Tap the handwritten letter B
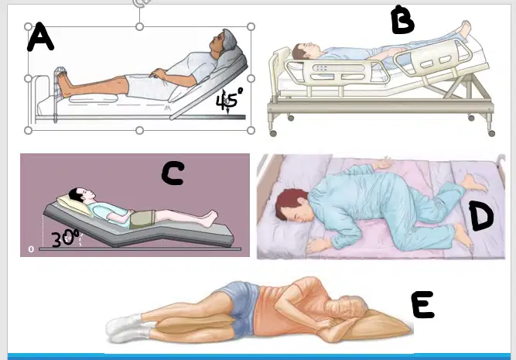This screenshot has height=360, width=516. click(x=402, y=20)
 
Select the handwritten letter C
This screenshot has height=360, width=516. click(x=173, y=173)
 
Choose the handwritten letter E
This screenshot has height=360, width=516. click(x=422, y=304)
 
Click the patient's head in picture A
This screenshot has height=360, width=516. click(x=223, y=41)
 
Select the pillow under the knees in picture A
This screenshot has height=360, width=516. click(x=94, y=98)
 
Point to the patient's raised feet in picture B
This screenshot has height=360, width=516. click(x=465, y=29)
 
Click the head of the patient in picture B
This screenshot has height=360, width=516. click(x=302, y=51)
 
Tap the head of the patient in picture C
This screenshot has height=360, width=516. click(x=82, y=194)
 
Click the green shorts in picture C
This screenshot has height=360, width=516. click(x=142, y=219)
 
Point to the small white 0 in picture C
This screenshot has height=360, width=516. click(x=31, y=249)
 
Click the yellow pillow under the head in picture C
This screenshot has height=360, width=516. click(x=74, y=205)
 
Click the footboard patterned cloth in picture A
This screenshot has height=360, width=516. click(x=60, y=82)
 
